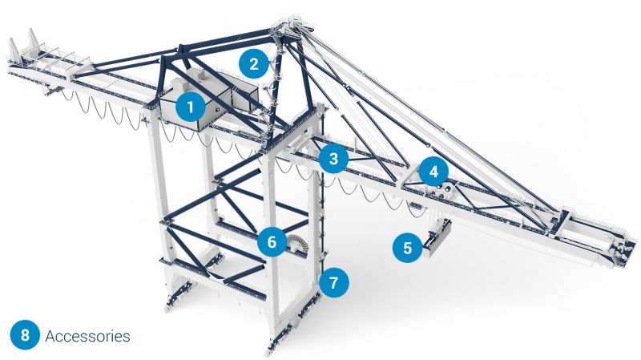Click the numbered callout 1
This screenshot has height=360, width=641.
pyautogui.click(x=190, y=107)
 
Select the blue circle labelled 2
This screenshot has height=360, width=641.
pyautogui.click(x=254, y=64)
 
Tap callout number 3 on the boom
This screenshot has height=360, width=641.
pyautogui.click(x=333, y=158)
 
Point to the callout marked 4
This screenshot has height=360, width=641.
pyautogui.click(x=433, y=172)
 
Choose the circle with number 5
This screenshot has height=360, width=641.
pyautogui.click(x=408, y=248)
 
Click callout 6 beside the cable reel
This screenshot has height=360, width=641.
pyautogui.click(x=272, y=242)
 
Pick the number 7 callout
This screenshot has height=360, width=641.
pyautogui.click(x=334, y=282)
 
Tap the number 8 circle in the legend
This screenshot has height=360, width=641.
pyautogui.click(x=25, y=335)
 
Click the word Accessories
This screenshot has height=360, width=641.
pyautogui.click(x=87, y=336)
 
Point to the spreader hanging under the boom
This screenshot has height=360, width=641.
pyautogui.click(x=437, y=238)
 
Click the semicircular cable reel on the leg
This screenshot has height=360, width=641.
pyautogui.click(x=296, y=244)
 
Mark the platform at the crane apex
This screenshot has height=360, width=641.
pyautogui.click(x=292, y=26)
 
